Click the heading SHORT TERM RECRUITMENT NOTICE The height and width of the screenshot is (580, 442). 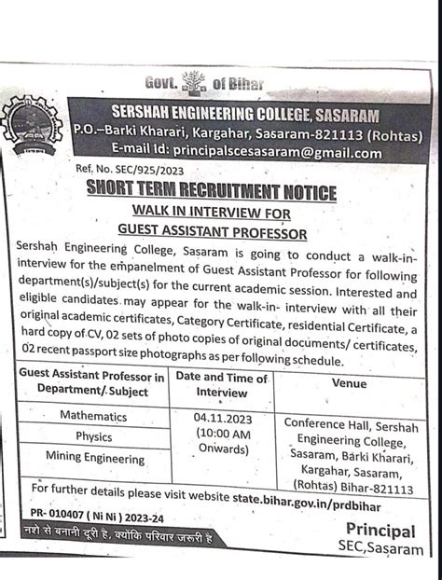click(212, 192)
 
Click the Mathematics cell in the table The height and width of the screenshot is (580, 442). click(93, 416)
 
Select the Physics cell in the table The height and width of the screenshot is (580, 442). click(93, 435)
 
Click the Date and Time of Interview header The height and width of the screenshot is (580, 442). click(222, 385)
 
